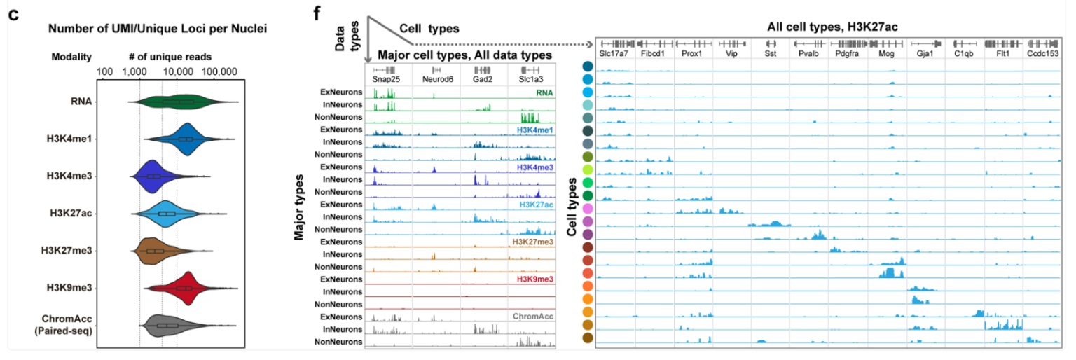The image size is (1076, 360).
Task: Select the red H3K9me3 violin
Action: click(184, 288)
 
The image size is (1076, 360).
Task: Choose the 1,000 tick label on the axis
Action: click(140, 72)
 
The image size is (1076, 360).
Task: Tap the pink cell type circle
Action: click(587, 209)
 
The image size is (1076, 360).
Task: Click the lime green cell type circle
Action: click(587, 170)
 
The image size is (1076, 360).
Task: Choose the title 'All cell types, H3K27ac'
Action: click(833, 27)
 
